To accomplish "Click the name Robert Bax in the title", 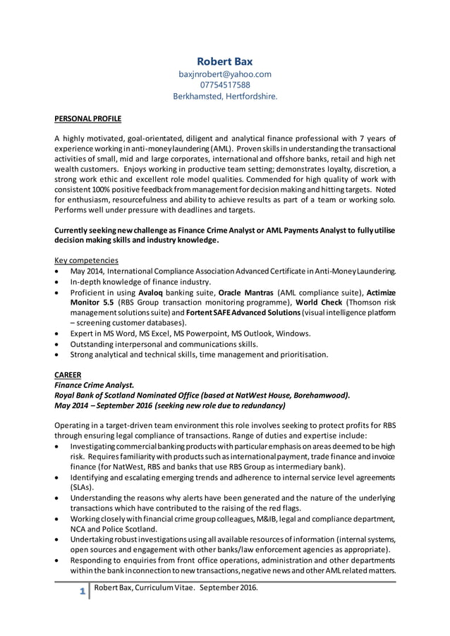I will pyautogui.click(x=224, y=61).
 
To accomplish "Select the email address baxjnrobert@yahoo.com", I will pyautogui.click(x=225, y=73).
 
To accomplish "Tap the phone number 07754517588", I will pyautogui.click(x=225, y=85).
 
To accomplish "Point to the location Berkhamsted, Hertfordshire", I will pyautogui.click(x=225, y=97).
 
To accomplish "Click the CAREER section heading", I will pyautogui.click(x=68, y=374).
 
